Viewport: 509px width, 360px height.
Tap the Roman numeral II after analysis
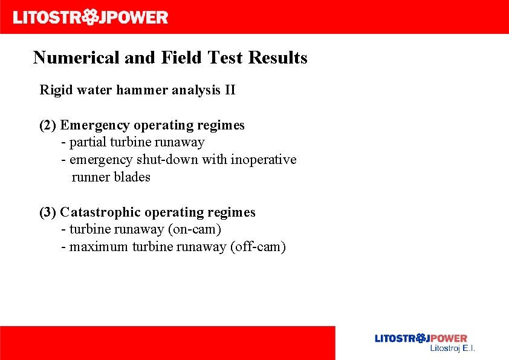tap(230, 91)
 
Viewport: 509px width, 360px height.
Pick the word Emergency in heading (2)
tap(95, 125)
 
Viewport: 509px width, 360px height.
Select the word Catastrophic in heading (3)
tap(100, 212)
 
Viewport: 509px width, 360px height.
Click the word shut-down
tap(160, 160)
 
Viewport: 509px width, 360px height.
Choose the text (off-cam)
tap(258, 247)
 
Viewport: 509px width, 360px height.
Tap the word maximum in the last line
tap(99, 247)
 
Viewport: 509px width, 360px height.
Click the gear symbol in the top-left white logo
tap(90, 17)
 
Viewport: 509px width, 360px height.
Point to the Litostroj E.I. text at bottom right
tap(453, 349)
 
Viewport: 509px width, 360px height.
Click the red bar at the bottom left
tap(167, 342)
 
